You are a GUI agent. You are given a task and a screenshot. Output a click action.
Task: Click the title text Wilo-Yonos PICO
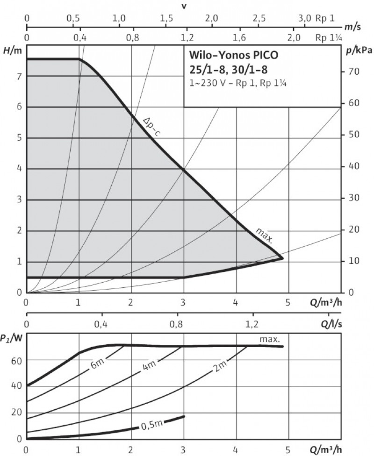click(233, 55)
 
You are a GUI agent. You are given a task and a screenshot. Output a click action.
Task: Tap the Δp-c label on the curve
click(152, 126)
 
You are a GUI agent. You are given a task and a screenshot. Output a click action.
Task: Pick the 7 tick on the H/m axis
click(19, 76)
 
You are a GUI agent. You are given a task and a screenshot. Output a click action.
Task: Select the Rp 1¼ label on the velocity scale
click(325, 38)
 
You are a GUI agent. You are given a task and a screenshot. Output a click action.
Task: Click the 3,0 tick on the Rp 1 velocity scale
click(304, 18)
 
